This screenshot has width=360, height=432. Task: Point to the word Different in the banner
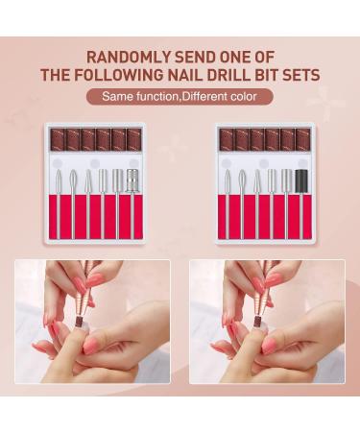coord(202,96)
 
